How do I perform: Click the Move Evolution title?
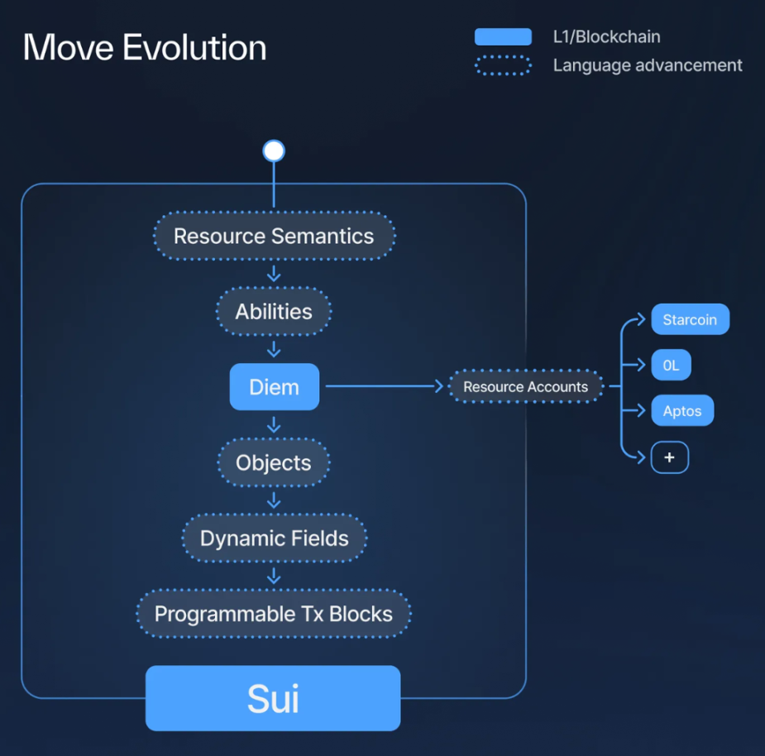pos(145,47)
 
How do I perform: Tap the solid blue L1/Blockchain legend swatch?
pos(503,36)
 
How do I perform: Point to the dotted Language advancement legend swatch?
pos(503,65)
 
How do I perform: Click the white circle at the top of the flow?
pos(274,151)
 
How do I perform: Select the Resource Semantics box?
pos(275,236)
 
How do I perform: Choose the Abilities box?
pos(274,311)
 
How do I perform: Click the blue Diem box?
pos(275,386)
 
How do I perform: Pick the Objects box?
pos(274,462)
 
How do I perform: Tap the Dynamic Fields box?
pos(275,538)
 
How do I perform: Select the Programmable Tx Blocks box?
pos(274,614)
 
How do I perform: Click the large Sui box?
pos(273,698)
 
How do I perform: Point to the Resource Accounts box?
pos(526,386)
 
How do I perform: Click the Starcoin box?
pos(691,319)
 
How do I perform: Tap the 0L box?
pos(672,365)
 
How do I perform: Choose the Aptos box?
pos(682,410)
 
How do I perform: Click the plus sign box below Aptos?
pos(670,457)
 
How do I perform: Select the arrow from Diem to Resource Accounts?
pos(385,386)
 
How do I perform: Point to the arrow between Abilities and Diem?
pos(274,349)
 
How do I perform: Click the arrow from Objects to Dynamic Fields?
pos(274,500)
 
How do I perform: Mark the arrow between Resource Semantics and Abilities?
pos(274,273)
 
